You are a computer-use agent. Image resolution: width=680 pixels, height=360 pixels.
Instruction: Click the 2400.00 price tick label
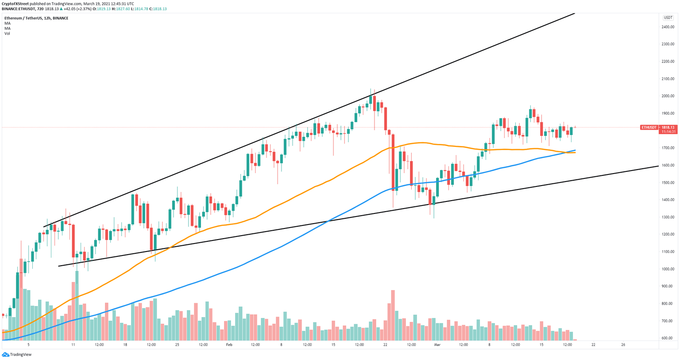pos(668,27)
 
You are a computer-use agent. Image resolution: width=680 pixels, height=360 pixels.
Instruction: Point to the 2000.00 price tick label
pos(668,96)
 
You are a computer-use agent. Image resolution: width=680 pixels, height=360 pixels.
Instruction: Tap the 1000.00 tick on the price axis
pos(668,269)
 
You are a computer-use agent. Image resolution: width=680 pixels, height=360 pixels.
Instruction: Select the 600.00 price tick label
pos(668,338)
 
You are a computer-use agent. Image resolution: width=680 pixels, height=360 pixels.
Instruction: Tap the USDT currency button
pos(667,18)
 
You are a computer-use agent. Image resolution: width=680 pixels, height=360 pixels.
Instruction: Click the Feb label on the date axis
pos(229,345)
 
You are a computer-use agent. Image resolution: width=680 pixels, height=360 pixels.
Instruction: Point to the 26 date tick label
pos(623,345)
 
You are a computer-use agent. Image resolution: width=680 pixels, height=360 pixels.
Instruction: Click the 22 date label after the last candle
pos(593,345)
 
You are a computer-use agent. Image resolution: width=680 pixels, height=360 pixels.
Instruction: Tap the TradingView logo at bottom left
pos(17,354)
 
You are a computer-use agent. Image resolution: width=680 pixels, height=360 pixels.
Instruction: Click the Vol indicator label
pos(7,34)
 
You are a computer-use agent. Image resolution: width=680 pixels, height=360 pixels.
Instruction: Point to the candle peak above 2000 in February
pos(371,90)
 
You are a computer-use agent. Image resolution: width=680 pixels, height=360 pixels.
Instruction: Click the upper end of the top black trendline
pos(574,14)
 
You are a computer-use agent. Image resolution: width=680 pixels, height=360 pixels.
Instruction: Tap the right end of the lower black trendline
pos(658,166)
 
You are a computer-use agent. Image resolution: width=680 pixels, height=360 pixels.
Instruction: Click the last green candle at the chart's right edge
pos(572,131)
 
